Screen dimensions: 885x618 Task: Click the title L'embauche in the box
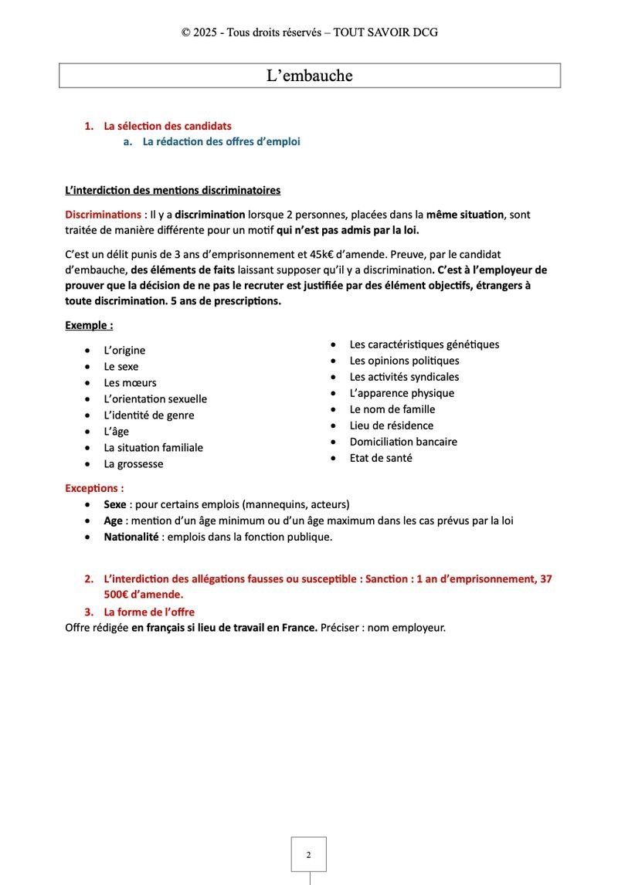[x=309, y=76]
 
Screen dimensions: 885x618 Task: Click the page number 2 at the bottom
[x=308, y=855]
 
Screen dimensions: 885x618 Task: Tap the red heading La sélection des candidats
[x=168, y=126]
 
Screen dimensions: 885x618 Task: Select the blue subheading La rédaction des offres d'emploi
[x=221, y=142]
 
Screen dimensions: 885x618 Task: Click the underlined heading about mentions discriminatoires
[x=173, y=190]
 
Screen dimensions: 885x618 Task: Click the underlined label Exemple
[x=89, y=326]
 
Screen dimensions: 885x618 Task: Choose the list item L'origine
[x=124, y=351]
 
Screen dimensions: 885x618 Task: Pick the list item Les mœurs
[x=130, y=383]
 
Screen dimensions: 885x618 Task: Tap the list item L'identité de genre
[x=149, y=415]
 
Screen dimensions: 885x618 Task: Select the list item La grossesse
[x=134, y=464]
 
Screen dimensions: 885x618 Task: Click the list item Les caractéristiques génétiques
[x=424, y=344]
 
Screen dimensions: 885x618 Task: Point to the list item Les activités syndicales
[x=404, y=377]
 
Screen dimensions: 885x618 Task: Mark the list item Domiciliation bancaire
[x=403, y=442]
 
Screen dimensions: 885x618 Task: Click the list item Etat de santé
[x=381, y=458]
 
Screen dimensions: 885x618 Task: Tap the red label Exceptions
[x=94, y=489]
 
